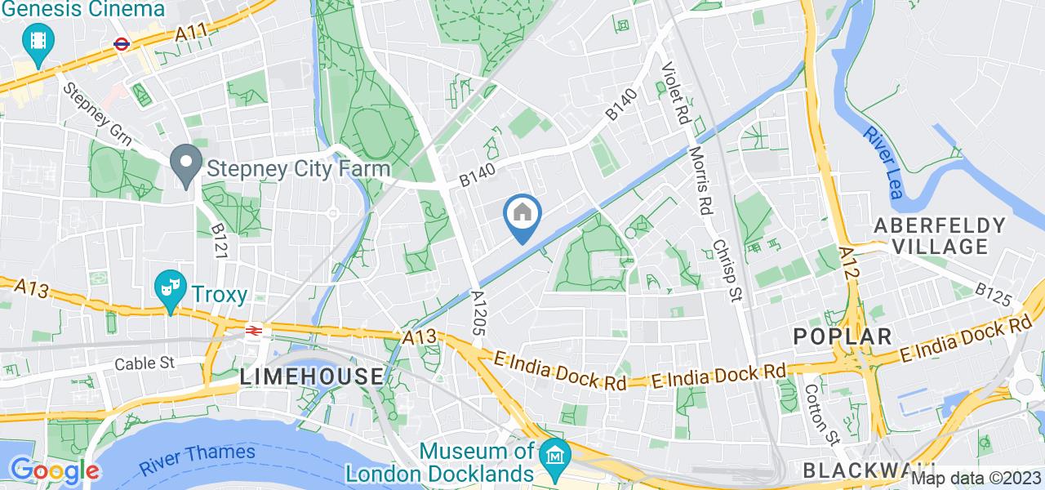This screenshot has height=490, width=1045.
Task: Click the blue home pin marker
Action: point(522,216)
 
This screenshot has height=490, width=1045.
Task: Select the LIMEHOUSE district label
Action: point(312,376)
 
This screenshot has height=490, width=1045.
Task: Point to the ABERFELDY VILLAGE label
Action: point(940,235)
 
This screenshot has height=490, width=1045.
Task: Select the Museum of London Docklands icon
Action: point(555,451)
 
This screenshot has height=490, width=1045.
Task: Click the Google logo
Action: point(54,470)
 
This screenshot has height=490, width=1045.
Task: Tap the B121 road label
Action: point(219,242)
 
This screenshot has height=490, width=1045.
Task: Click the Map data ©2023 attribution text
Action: point(976,479)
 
